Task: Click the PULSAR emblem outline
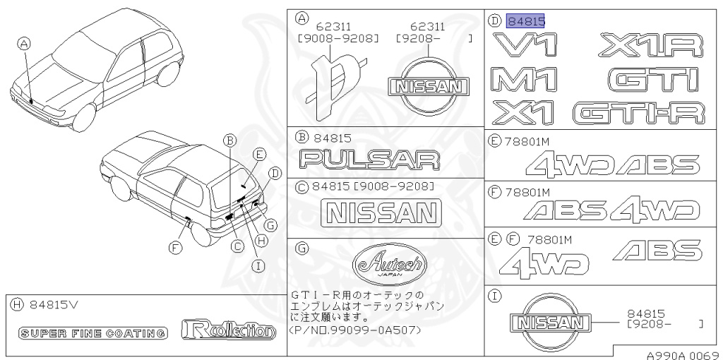point(369,160)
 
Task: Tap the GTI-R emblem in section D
point(639,113)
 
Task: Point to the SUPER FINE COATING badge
point(93,332)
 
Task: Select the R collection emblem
point(227,330)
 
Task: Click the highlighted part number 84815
point(526,21)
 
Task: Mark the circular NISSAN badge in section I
point(550,322)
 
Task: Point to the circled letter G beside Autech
point(301,248)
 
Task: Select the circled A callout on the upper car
point(25,44)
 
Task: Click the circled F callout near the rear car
point(174,246)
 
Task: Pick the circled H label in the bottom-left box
point(17,305)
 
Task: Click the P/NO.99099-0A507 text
point(357,330)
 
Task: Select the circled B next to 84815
point(301,138)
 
